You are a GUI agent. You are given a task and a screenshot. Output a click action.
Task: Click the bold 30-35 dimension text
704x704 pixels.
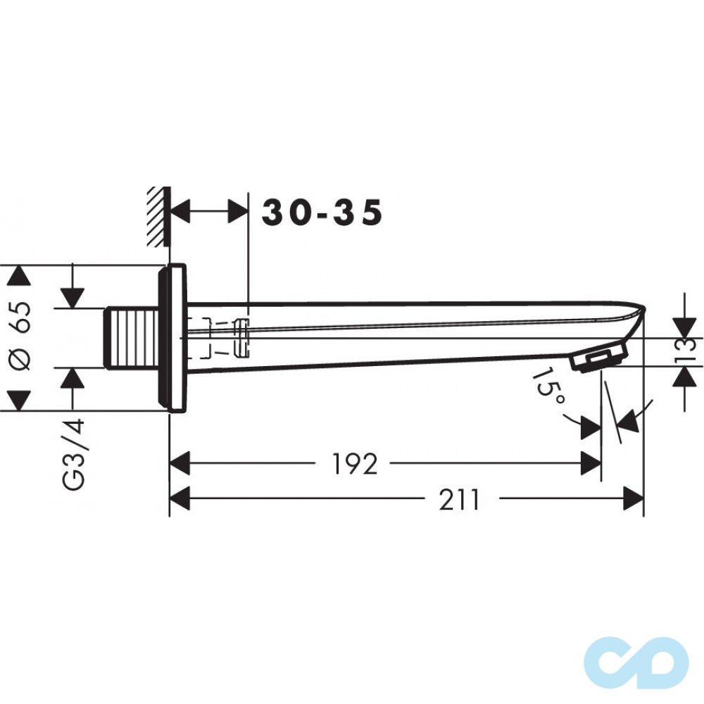[322, 213]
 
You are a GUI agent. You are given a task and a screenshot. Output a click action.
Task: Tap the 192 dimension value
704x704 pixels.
[354, 464]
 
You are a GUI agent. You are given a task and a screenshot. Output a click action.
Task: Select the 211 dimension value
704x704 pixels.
[459, 499]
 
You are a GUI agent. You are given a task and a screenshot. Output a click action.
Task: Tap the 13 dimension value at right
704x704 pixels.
[688, 351]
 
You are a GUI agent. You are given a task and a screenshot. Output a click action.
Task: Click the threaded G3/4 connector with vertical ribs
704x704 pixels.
[132, 339]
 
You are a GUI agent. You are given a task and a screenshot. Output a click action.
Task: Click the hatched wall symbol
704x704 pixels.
[159, 216]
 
